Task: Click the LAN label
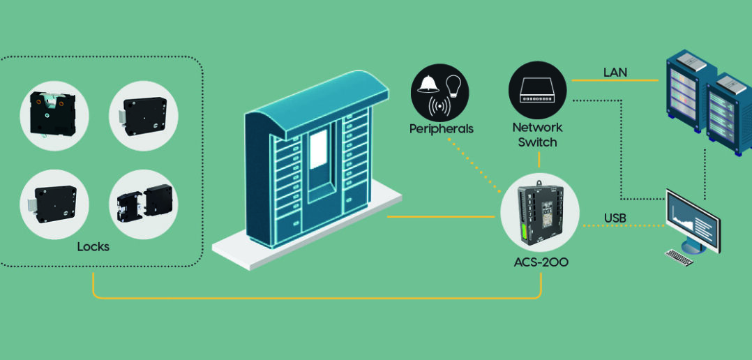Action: tap(615, 72)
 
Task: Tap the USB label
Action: tap(615, 218)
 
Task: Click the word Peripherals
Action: tap(441, 129)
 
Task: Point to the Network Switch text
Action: tap(537, 135)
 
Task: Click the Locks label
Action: tap(93, 247)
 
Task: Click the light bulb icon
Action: tap(453, 85)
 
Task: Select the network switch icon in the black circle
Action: tap(537, 89)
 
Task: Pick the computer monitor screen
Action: tap(692, 218)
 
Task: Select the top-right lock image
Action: tap(143, 116)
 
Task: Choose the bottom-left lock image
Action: tap(53, 204)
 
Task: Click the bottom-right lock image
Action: tap(143, 204)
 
